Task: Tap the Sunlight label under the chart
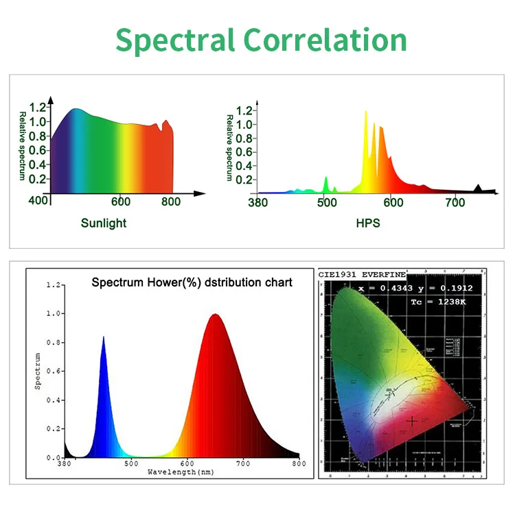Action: point(104,223)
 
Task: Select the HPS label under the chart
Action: point(368,223)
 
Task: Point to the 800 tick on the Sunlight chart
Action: point(171,202)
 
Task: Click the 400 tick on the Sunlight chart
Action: point(38,201)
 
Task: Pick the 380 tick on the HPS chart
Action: point(257,202)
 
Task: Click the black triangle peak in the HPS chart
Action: point(479,189)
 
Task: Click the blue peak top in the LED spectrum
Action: point(104,338)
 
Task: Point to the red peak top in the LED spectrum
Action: point(216,315)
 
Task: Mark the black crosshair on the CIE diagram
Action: point(412,422)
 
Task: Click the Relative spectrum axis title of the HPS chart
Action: point(229,147)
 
